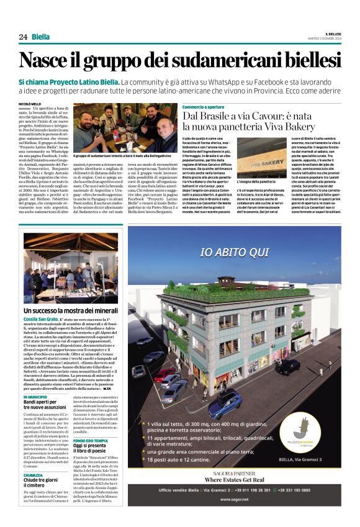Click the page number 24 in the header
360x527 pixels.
[x=22, y=37]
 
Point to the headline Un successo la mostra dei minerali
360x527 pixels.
[x=71, y=310]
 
